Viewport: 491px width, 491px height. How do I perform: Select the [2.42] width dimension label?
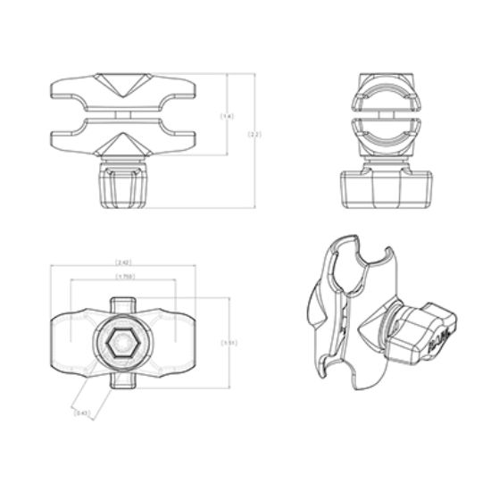point(123,262)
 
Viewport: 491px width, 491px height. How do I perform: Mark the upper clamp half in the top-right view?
point(386,96)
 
